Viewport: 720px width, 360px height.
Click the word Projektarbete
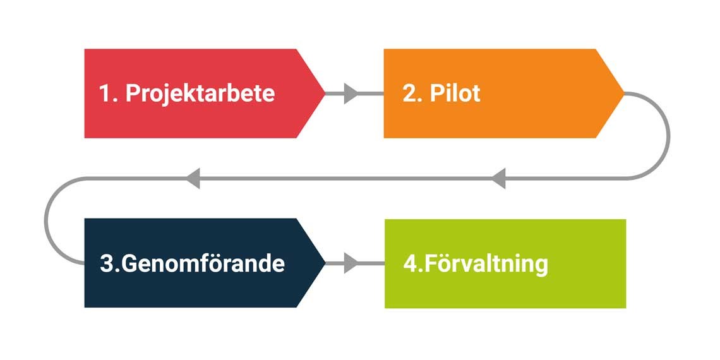[200, 93]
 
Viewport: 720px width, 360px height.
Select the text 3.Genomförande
[192, 263]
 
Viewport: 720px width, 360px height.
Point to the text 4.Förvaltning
[476, 263]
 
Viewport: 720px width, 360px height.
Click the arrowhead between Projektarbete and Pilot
[351, 94]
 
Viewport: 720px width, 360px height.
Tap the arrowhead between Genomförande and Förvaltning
[351, 263]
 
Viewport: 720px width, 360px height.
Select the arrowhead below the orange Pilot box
[499, 178]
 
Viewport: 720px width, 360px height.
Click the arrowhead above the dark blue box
[193, 178]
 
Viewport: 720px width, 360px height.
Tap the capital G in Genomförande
[129, 263]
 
